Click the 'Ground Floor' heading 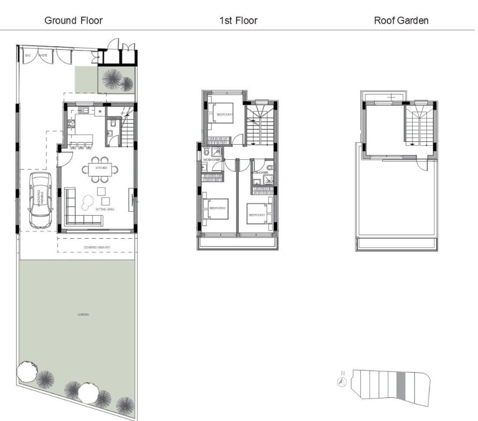pos(73,21)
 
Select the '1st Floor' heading pos(238,21)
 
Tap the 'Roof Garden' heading pos(401,21)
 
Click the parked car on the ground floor pos(39,199)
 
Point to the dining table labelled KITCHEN pos(102,168)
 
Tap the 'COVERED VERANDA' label pos(96,247)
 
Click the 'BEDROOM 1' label pos(224,115)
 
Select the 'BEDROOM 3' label pos(256,215)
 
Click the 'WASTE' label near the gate pos(41,55)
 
